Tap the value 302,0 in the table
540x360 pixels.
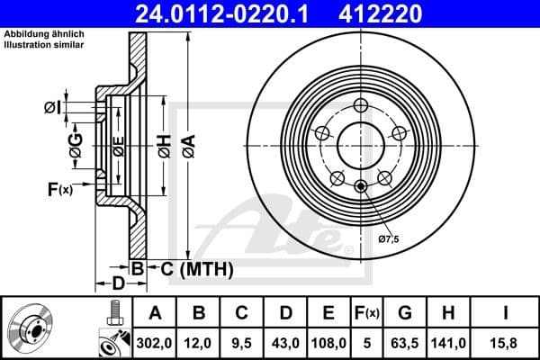(x=155, y=342)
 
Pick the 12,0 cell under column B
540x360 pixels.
(x=200, y=342)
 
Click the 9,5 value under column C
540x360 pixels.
(x=242, y=342)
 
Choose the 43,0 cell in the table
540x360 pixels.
(x=285, y=342)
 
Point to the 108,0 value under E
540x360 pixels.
(x=328, y=342)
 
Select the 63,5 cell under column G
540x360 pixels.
(x=404, y=342)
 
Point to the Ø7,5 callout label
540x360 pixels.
(x=388, y=239)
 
